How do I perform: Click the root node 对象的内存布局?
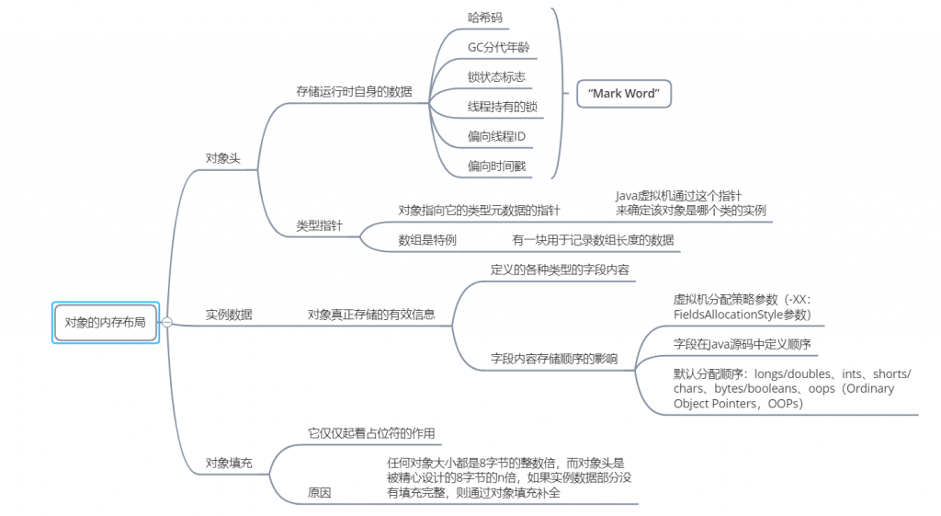[105, 322]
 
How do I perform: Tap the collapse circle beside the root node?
[167, 322]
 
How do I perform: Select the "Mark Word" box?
[625, 94]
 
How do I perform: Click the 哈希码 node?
[485, 17]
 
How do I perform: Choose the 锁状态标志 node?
[496, 77]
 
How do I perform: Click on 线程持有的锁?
[502, 107]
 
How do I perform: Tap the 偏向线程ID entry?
[496, 137]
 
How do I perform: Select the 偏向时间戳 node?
[496, 167]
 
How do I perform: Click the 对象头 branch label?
[222, 158]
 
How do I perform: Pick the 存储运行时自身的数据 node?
[354, 92]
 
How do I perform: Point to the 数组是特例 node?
[427, 240]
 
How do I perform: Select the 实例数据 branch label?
[229, 315]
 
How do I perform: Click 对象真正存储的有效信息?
[371, 315]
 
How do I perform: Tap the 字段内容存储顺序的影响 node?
[554, 358]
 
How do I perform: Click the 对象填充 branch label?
[229, 464]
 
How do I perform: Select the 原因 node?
[320, 493]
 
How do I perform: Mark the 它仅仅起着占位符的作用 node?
[371, 433]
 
